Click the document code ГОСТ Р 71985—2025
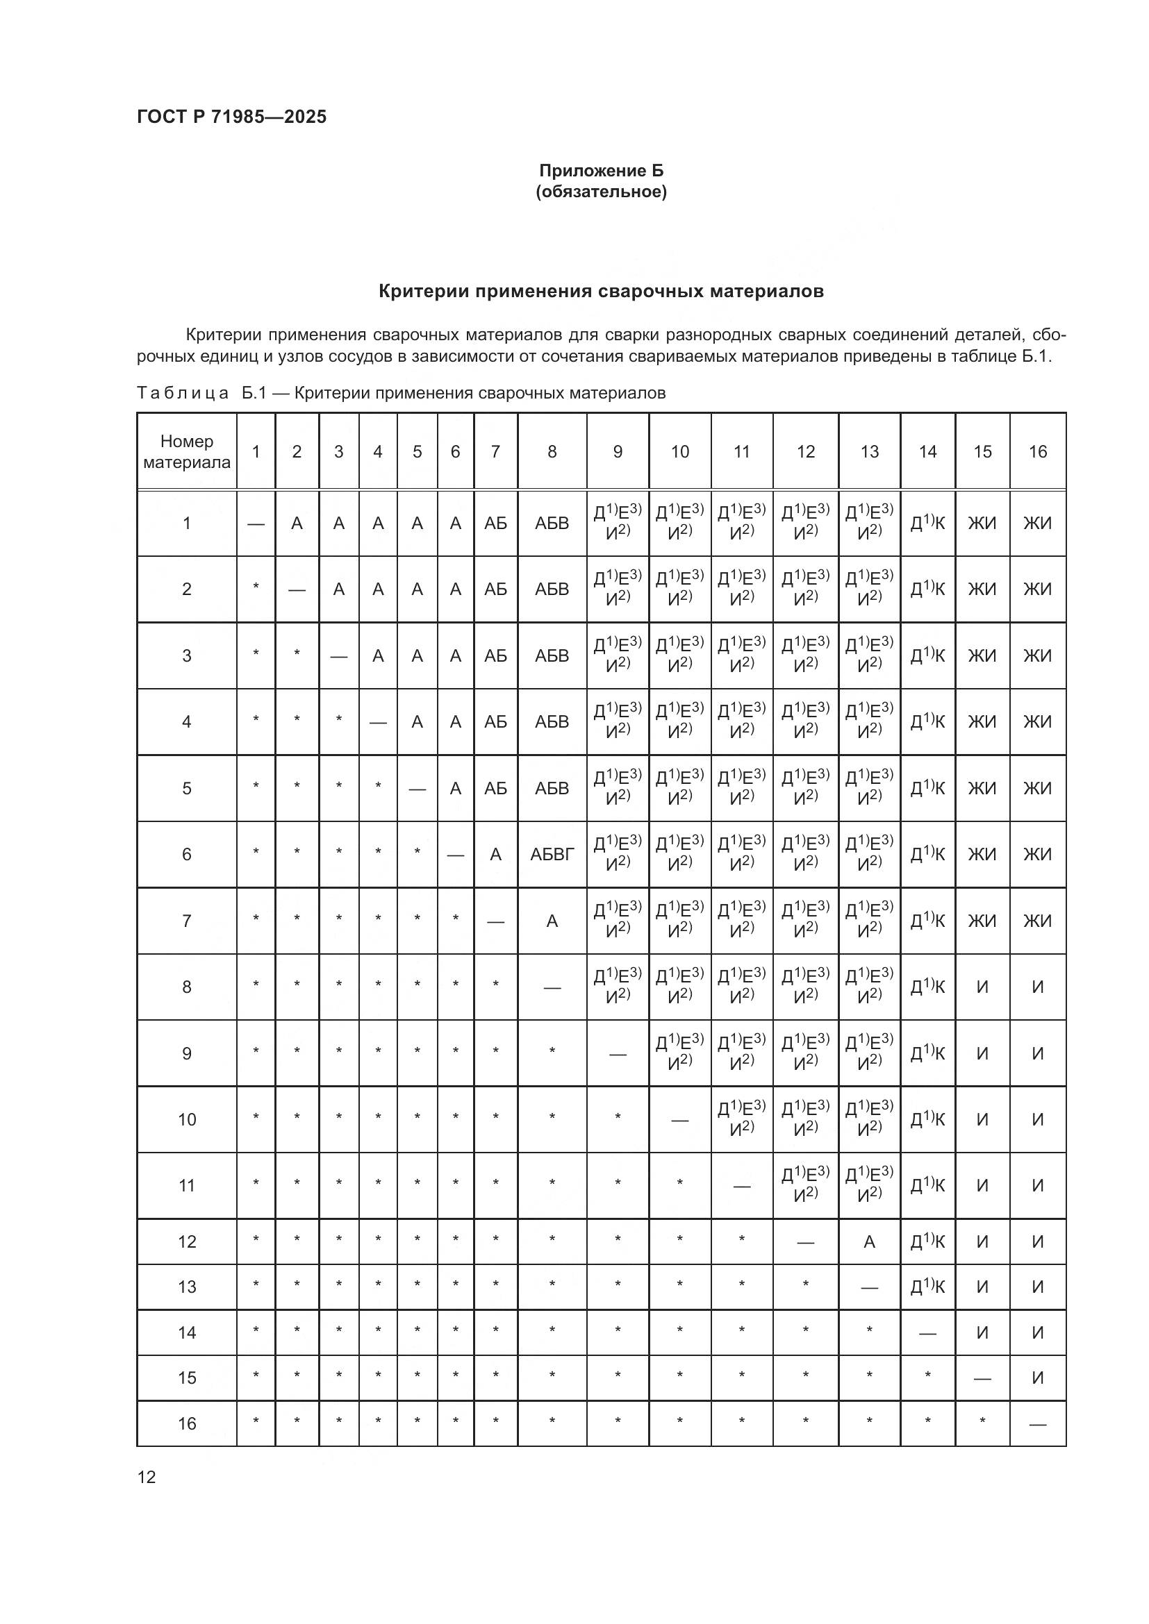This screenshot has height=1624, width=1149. tap(231, 117)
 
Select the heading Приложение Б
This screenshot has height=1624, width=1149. tap(601, 171)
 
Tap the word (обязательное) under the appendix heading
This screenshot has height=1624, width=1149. tap(601, 192)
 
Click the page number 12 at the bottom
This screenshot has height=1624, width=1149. tap(147, 1477)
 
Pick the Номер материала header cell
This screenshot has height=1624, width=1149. tap(187, 452)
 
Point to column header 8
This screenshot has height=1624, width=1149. tap(552, 452)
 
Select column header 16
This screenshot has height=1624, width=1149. tap(1037, 452)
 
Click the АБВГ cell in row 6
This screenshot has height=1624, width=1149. tap(552, 855)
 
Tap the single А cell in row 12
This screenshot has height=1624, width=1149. tap(870, 1242)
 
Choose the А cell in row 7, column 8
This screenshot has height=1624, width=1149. tap(552, 921)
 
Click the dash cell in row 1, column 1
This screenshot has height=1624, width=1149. tap(256, 524)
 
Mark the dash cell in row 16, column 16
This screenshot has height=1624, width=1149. tap(1037, 1425)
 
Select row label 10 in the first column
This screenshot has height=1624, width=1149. tap(187, 1120)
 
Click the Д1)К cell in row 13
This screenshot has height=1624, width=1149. tap(927, 1287)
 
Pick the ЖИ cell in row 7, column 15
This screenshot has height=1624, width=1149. tap(982, 921)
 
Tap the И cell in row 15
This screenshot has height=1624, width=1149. tap(1037, 1378)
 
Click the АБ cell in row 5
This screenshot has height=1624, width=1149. tap(495, 788)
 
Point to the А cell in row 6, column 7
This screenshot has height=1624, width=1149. tap(495, 855)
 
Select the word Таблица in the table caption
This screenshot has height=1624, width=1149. tap(183, 393)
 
